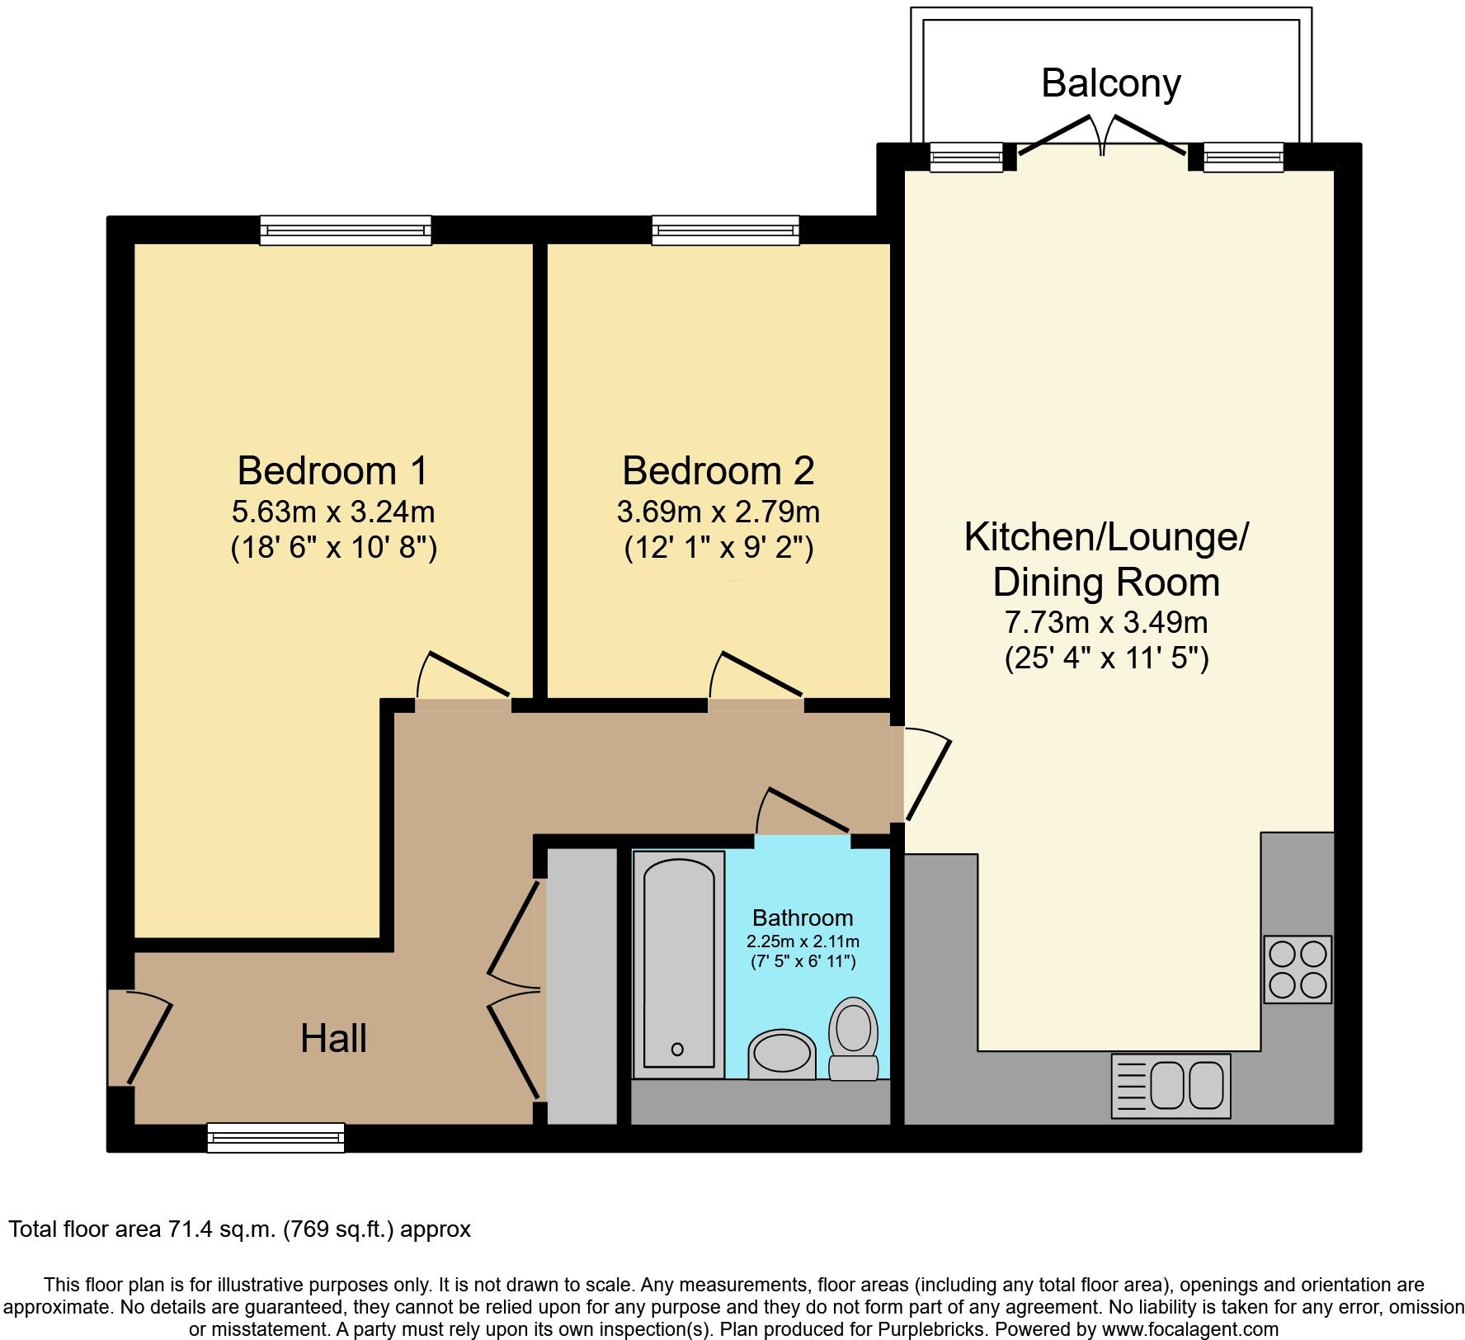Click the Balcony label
click(x=1110, y=83)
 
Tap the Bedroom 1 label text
click(x=332, y=471)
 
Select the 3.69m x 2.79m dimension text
click(x=718, y=512)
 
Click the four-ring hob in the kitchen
click(x=1297, y=969)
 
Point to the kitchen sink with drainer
click(x=1171, y=1085)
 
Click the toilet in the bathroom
click(x=854, y=1040)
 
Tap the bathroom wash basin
click(x=781, y=1055)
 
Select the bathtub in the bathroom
click(x=678, y=963)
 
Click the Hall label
click(x=333, y=1038)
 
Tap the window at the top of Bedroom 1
click(x=346, y=230)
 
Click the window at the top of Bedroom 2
click(x=725, y=230)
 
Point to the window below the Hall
click(x=276, y=1137)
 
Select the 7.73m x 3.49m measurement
click(x=1105, y=621)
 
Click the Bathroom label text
click(x=802, y=918)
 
